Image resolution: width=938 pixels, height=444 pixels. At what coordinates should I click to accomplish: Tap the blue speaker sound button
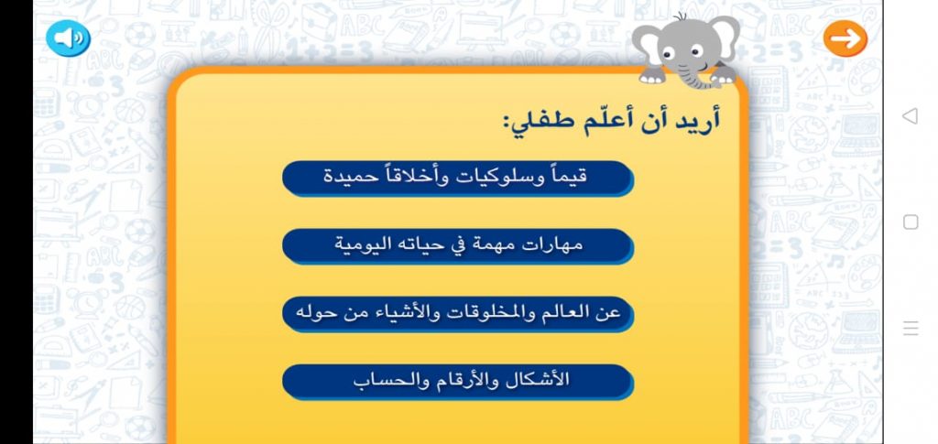coord(68,38)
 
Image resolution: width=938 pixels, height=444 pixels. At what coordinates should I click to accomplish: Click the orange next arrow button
coord(845,38)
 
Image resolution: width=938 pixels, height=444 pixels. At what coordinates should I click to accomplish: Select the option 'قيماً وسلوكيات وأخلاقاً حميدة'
coord(457,178)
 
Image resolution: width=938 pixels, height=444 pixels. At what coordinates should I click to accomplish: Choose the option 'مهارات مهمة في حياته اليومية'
coord(457,245)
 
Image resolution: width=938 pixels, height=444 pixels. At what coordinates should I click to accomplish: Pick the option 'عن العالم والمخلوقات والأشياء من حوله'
coord(457,313)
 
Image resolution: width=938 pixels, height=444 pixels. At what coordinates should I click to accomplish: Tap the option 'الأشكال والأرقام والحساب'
coord(457,381)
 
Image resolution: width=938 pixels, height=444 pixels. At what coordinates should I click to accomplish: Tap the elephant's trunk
coord(689,73)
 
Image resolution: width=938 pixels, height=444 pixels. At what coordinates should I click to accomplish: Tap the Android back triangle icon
coord(910,116)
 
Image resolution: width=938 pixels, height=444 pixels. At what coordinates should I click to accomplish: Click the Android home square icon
coord(911,222)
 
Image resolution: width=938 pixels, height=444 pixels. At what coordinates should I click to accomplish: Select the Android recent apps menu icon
coord(911,329)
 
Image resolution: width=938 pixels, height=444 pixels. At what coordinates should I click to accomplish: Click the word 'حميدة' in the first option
coord(352,178)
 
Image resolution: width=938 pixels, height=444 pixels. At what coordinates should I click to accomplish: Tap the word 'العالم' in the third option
coord(573,313)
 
